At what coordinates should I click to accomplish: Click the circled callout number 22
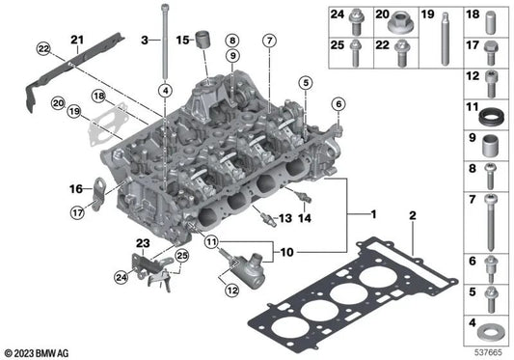(43, 49)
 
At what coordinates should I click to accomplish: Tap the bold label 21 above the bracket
(77, 40)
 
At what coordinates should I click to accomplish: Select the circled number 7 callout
(269, 41)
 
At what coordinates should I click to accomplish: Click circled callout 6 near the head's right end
(338, 104)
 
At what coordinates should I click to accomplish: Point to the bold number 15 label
(182, 40)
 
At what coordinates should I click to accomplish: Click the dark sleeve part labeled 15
(203, 40)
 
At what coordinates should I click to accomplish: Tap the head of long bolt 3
(166, 7)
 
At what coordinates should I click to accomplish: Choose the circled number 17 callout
(78, 213)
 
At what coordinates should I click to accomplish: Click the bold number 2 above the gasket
(413, 215)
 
